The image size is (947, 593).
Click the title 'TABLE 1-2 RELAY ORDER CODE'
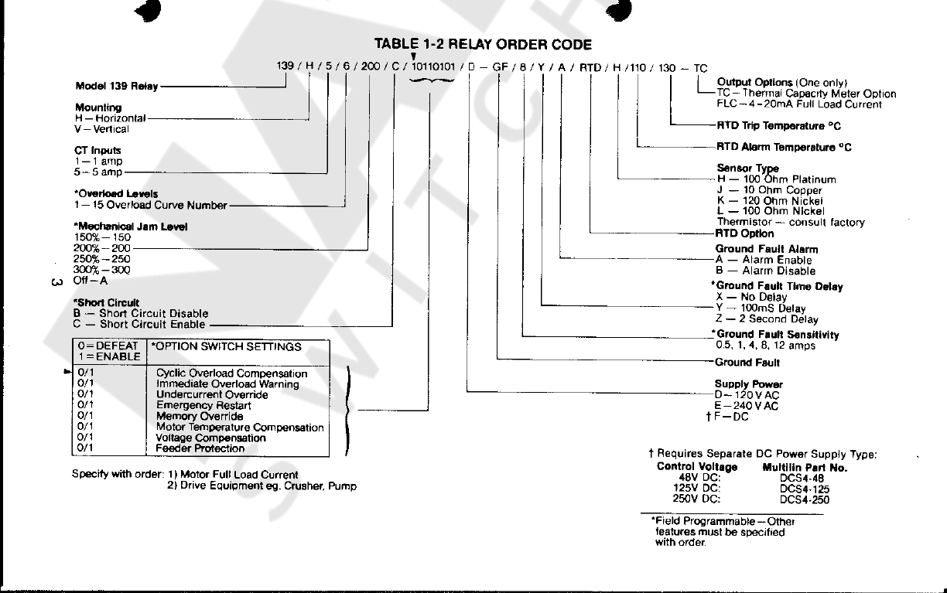pyautogui.click(x=483, y=45)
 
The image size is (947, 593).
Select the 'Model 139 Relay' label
pyautogui.click(x=117, y=86)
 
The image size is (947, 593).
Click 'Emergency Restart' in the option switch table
pyautogui.click(x=203, y=405)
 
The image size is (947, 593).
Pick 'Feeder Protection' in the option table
pyautogui.click(x=200, y=448)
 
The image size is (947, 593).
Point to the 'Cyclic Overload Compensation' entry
pyautogui.click(x=231, y=373)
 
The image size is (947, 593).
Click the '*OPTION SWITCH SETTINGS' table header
pyautogui.click(x=227, y=346)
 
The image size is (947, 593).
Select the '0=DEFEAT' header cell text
pyautogui.click(x=108, y=346)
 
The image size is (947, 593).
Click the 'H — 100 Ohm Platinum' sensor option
pyautogui.click(x=776, y=179)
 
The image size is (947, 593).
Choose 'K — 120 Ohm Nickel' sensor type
pyautogui.click(x=770, y=200)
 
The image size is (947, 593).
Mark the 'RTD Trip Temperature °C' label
pyautogui.click(x=778, y=125)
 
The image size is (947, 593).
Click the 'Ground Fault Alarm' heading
pyautogui.click(x=766, y=249)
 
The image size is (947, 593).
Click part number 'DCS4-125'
pyautogui.click(x=804, y=489)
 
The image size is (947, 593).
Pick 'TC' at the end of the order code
pyautogui.click(x=700, y=68)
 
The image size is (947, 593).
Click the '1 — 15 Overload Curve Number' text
pyautogui.click(x=150, y=206)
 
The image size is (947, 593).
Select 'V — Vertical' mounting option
pyautogui.click(x=101, y=129)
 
